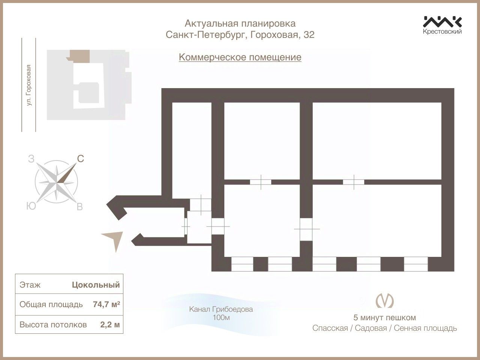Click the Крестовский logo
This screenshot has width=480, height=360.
pos(442,25)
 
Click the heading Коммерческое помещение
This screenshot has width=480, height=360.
pos(240,57)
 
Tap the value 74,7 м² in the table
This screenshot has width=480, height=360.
pos(106,304)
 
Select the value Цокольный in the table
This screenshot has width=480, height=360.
pos(96,285)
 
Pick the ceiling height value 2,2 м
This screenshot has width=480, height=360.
pos(110,324)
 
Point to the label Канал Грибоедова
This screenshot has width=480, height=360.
pos(221,309)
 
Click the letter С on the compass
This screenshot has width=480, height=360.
pos(80,159)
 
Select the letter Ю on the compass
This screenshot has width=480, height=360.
pos(31,206)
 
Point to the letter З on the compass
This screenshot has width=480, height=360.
pos(31,159)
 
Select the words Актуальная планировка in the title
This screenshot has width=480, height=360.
pos(240,24)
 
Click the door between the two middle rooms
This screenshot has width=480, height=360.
pos(260,182)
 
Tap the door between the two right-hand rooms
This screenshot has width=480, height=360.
pos(353,182)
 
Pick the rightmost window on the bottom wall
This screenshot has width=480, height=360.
pos(415,264)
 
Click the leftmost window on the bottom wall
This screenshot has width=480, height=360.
pos(242,264)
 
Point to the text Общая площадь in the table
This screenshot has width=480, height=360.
pos(51,304)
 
